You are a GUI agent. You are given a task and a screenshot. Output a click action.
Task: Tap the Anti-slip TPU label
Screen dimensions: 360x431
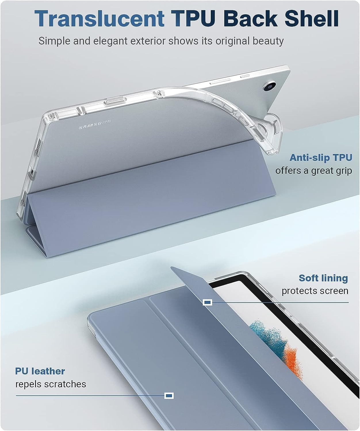pyautogui.click(x=321, y=158)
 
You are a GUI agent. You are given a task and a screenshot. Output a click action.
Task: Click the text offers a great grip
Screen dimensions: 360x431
pyautogui.click(x=313, y=171)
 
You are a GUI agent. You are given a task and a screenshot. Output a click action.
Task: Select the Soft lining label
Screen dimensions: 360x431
pyautogui.click(x=323, y=278)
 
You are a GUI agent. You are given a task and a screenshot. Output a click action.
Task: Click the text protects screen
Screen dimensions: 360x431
pyautogui.click(x=315, y=291)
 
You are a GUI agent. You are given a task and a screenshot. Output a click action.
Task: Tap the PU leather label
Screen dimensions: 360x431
pyautogui.click(x=40, y=371)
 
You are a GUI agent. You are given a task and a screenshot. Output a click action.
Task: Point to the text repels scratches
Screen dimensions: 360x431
pyautogui.click(x=51, y=384)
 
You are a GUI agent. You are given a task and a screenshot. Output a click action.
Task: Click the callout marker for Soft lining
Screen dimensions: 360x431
pyautogui.click(x=208, y=302)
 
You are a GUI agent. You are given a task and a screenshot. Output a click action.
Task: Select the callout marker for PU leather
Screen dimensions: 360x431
pyautogui.click(x=169, y=396)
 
